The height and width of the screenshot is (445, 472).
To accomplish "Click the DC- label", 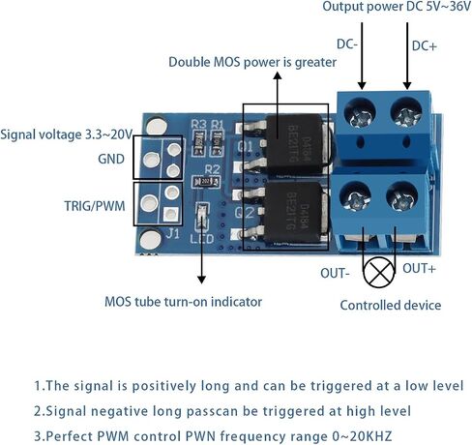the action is [347, 44].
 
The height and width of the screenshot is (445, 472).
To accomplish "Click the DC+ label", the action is [425, 46].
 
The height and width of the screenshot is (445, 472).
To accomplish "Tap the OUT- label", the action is [335, 273].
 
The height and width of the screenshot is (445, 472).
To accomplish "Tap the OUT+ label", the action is [419, 268].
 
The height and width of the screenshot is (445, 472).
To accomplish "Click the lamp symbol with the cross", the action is [379, 273].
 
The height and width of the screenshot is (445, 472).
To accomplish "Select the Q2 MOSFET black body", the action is [293, 213].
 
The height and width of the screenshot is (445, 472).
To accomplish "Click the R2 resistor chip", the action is [206, 182].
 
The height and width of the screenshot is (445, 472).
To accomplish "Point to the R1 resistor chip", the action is [218, 142].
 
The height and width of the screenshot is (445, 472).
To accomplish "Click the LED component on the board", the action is [202, 217].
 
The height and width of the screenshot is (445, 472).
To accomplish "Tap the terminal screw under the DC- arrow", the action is [360, 113].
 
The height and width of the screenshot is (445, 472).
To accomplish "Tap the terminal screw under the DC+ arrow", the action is [406, 113].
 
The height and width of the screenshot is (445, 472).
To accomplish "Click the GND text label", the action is [111, 159].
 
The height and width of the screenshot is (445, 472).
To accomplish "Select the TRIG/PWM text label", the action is [95, 206].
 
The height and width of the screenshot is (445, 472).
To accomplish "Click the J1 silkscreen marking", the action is [173, 233].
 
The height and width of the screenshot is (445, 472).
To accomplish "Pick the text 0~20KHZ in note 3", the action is [362, 436].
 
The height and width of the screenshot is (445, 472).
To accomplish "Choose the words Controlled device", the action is [391, 305].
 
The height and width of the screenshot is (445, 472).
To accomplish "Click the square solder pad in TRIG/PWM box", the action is [170, 214].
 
